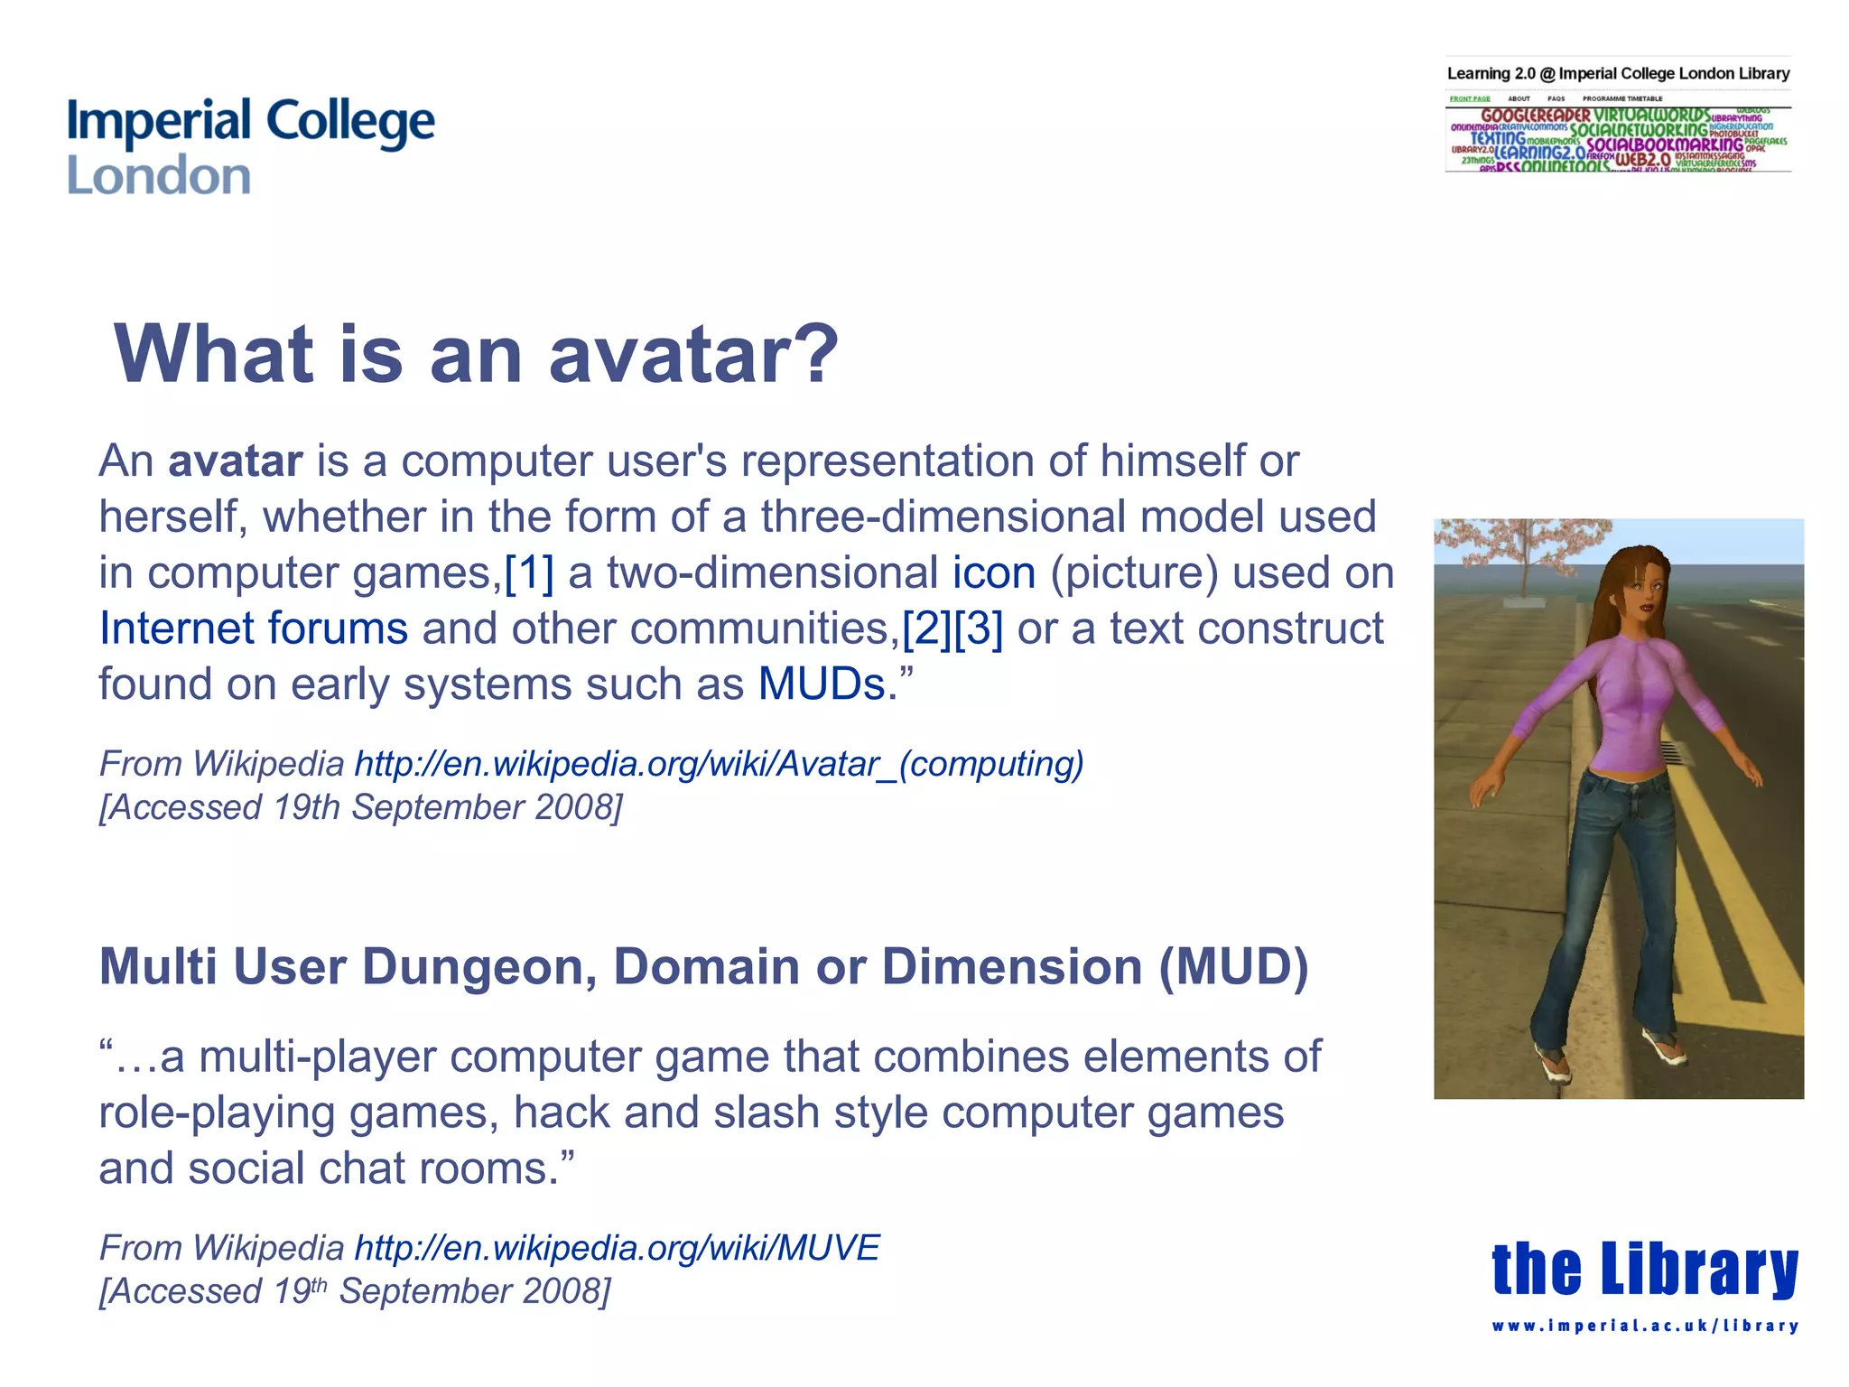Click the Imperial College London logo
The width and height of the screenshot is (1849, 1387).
tap(250, 146)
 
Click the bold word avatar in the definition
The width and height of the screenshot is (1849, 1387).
tap(235, 461)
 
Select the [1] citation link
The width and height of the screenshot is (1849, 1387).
tap(529, 573)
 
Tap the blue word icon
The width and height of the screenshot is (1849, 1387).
tap(994, 573)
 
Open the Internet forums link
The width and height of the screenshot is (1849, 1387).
tap(253, 628)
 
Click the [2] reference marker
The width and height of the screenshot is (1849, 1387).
tap(926, 628)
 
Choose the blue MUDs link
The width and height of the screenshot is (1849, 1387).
tap(821, 684)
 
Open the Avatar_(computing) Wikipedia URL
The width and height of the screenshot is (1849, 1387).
tap(719, 764)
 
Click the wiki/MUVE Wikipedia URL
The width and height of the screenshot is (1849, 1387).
tap(617, 1248)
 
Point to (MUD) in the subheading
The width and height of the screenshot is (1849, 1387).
tap(1234, 967)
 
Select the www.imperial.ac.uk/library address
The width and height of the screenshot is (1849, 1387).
tap(1645, 1326)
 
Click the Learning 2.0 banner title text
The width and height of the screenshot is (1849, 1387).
tap(1618, 74)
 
